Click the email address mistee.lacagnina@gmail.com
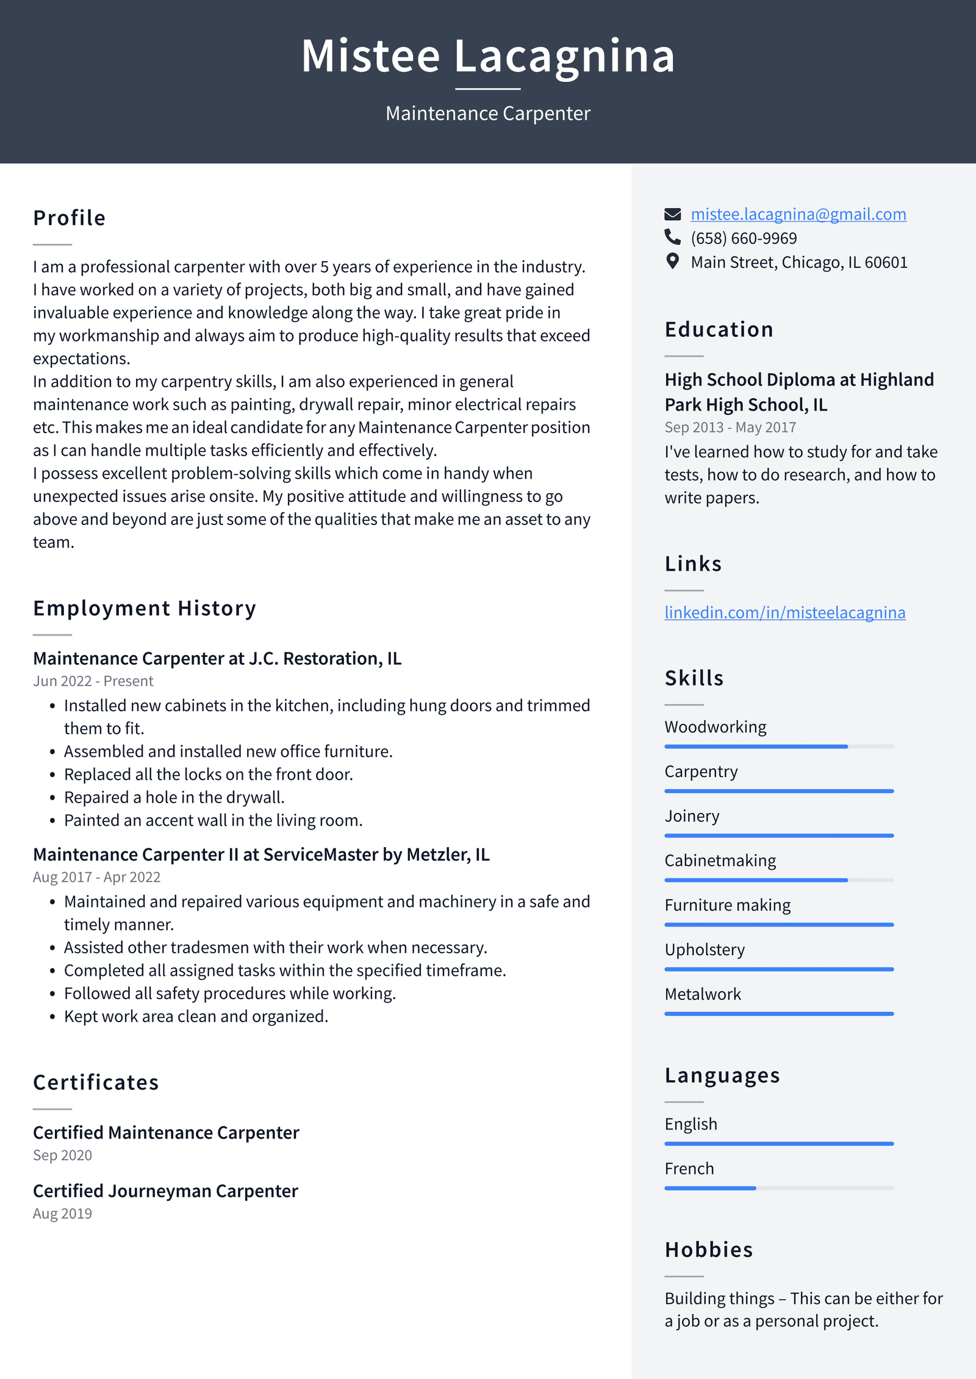click(798, 214)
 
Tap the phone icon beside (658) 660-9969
click(672, 237)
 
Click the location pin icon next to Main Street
click(672, 262)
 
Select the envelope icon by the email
click(672, 214)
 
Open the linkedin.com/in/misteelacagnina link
click(784, 612)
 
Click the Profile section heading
click(70, 218)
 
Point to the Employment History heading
click(145, 608)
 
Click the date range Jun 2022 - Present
click(93, 681)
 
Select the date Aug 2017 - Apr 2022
click(96, 877)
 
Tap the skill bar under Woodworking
click(778, 747)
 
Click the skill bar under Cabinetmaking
click(778, 880)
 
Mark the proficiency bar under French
click(778, 1188)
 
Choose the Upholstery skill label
click(705, 950)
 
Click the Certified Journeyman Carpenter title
click(165, 1191)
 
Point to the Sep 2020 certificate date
click(62, 1155)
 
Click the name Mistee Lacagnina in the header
click(488, 56)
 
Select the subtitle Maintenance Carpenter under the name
click(488, 113)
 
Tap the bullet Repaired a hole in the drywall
click(174, 797)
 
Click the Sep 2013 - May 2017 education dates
click(730, 428)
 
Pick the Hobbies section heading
click(708, 1250)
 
